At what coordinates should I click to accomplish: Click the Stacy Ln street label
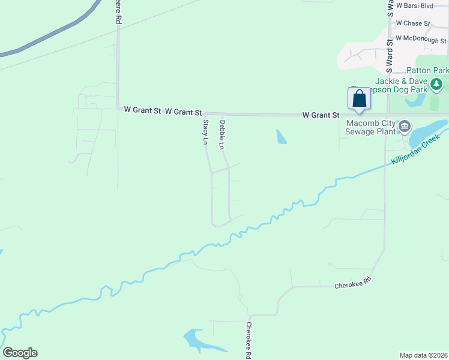click(x=205, y=133)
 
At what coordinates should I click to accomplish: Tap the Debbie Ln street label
click(x=222, y=134)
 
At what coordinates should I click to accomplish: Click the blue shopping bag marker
click(x=359, y=99)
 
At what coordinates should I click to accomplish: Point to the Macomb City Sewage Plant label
click(x=372, y=127)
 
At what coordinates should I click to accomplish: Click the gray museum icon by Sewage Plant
click(x=405, y=126)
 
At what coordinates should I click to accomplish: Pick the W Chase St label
click(x=413, y=23)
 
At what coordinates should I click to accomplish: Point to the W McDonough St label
click(x=421, y=39)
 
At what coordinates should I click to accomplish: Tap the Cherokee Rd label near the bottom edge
click(x=249, y=340)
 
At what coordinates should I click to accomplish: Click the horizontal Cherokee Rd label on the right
click(x=353, y=284)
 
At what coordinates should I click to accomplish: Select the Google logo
click(x=20, y=353)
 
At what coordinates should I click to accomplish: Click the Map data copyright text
click(x=424, y=355)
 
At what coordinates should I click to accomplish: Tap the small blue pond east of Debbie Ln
click(x=281, y=137)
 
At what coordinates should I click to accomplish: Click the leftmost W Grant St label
click(x=142, y=110)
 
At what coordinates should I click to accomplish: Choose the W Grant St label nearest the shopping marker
click(x=321, y=115)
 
